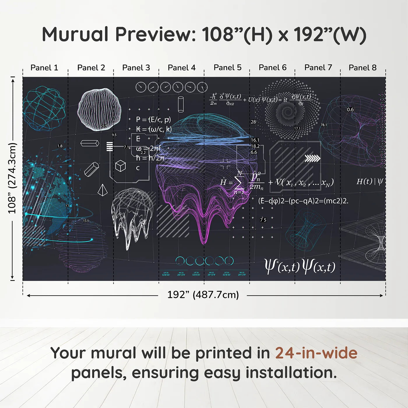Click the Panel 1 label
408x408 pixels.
click(44, 68)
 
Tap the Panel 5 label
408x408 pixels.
click(227, 68)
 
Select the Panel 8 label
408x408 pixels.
click(363, 68)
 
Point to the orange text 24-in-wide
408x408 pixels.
click(316, 353)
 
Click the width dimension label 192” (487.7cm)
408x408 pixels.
click(203, 295)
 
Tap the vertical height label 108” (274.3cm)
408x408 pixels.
click(12, 178)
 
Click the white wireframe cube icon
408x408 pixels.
click(120, 166)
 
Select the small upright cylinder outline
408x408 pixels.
click(181, 104)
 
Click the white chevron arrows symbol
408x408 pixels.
click(312, 158)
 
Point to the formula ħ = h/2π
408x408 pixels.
click(150, 158)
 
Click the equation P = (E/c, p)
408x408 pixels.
click(153, 119)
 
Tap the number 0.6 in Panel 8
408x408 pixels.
click(350, 110)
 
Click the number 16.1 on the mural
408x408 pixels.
click(255, 140)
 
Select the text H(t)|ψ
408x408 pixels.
click(370, 182)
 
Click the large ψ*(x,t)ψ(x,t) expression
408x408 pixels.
click(300, 266)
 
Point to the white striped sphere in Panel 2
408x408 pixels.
click(99, 109)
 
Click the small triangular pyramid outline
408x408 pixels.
click(102, 190)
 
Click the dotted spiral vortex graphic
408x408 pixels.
click(288, 111)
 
